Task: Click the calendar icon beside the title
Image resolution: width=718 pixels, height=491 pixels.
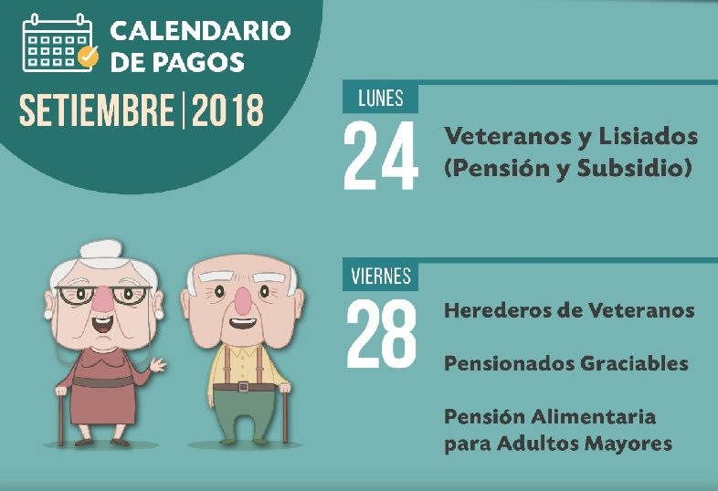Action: tap(58, 44)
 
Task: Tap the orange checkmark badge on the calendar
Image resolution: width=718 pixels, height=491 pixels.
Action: tap(88, 56)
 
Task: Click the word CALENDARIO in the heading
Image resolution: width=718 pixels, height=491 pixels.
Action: tap(201, 31)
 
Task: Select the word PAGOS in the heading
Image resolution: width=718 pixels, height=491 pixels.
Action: tap(198, 62)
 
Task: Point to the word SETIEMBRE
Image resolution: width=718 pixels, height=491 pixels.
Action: tap(97, 110)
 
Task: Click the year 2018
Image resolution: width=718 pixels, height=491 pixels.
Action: tap(227, 110)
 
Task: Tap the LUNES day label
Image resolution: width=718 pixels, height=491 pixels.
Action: tap(381, 99)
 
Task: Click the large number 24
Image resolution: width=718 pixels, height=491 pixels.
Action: tap(381, 155)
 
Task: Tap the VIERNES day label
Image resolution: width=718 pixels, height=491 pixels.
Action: tap(381, 276)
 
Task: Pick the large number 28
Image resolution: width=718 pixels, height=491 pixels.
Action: tap(382, 334)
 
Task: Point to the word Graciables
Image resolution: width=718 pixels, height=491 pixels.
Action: tap(634, 363)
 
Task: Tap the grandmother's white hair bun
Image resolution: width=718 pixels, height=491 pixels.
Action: tap(101, 249)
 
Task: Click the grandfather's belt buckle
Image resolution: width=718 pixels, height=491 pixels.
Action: tap(244, 387)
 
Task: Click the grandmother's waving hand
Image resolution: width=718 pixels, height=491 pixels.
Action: tap(157, 365)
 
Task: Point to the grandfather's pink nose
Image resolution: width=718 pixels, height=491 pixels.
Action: tap(242, 301)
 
